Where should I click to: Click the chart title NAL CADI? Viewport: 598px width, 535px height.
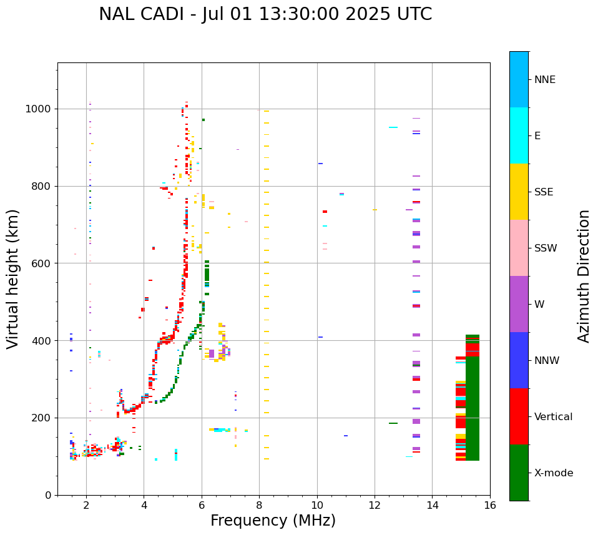click(265, 14)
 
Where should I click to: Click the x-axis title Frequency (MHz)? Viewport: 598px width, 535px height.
click(273, 521)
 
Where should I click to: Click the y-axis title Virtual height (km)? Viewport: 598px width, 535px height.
click(14, 278)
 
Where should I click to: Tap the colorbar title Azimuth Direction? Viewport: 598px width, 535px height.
click(584, 275)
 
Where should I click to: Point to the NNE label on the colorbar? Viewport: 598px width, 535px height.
click(544, 80)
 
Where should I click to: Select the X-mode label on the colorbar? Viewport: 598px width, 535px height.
click(553, 473)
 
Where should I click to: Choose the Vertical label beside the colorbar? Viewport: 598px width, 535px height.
click(553, 417)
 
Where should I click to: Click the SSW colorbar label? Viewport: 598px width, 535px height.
click(546, 248)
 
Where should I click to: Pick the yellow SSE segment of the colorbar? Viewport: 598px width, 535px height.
click(519, 192)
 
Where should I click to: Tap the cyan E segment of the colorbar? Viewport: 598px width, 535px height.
click(519, 135)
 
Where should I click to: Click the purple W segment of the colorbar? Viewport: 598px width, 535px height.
click(519, 304)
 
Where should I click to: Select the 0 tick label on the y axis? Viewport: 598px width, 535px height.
click(49, 495)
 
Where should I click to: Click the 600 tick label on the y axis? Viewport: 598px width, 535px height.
click(44, 263)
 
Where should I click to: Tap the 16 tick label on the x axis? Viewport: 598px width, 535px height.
click(490, 505)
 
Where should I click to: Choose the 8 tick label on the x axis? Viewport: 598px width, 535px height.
click(259, 505)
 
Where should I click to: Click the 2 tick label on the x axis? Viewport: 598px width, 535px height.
click(86, 505)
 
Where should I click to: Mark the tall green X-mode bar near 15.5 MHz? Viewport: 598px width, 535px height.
click(473, 400)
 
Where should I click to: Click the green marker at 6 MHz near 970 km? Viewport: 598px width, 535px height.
click(203, 120)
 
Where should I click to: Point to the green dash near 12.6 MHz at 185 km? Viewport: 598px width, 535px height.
click(393, 423)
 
